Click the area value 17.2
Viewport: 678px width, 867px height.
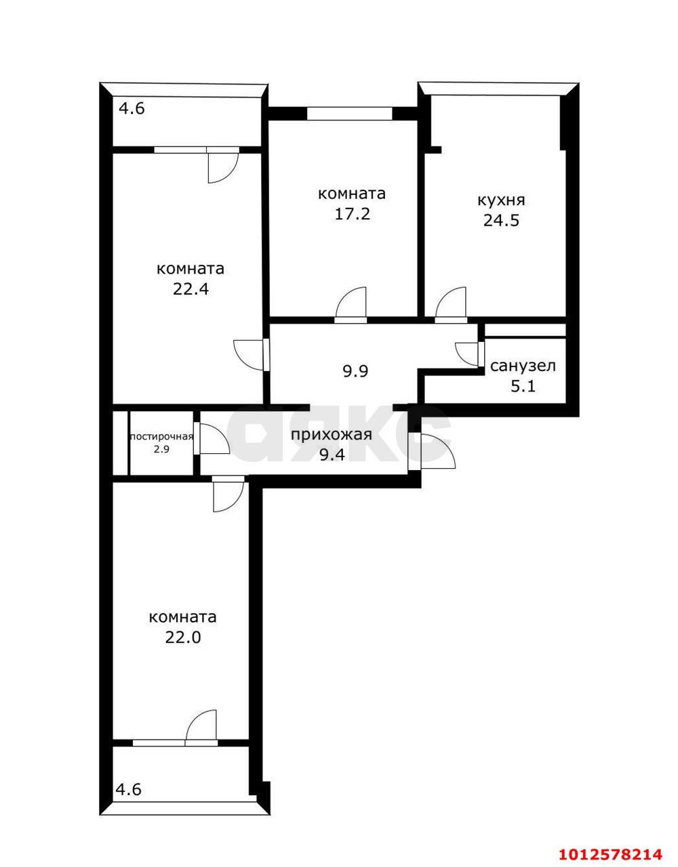pyautogui.click(x=352, y=215)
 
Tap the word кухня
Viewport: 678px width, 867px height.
pyautogui.click(x=501, y=200)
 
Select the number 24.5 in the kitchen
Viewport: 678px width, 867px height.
pyautogui.click(x=501, y=220)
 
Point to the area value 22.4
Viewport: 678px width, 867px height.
pyautogui.click(x=191, y=289)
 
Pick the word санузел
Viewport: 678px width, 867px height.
pyautogui.click(x=523, y=366)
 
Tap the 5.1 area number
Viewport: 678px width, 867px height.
pyautogui.click(x=523, y=386)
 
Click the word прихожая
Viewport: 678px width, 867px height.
pyautogui.click(x=332, y=434)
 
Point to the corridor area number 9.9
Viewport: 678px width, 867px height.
pyautogui.click(x=355, y=372)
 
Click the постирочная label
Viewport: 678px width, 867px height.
pyautogui.click(x=162, y=437)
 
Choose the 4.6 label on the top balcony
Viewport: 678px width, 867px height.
pyautogui.click(x=132, y=108)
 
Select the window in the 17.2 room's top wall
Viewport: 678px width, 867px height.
pyautogui.click(x=349, y=113)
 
